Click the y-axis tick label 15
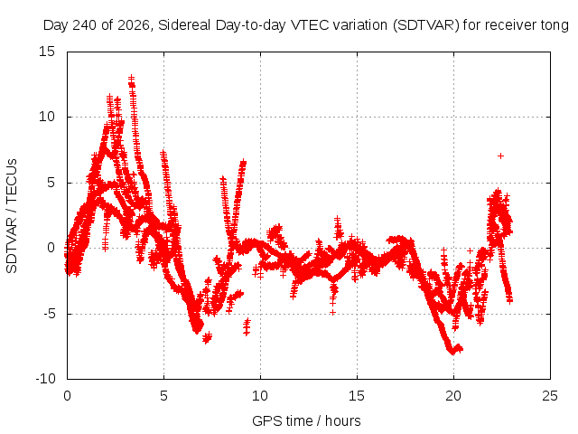pyautogui.click(x=47, y=52)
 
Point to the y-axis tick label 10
pyautogui.click(x=47, y=117)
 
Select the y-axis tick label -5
pyautogui.click(x=50, y=314)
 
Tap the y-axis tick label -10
pyautogui.click(x=45, y=379)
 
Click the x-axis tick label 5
pyautogui.click(x=163, y=396)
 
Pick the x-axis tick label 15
pyautogui.click(x=357, y=396)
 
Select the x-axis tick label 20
pyautogui.click(x=453, y=396)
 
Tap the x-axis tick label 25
pyautogui.click(x=550, y=396)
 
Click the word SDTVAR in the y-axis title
pyautogui.click(x=12, y=245)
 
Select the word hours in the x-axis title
pyautogui.click(x=343, y=420)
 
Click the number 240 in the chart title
pyautogui.click(x=84, y=25)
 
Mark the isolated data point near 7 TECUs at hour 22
pyautogui.click(x=500, y=156)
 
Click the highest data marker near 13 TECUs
pyautogui.click(x=131, y=79)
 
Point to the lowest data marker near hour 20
pyautogui.click(x=453, y=352)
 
